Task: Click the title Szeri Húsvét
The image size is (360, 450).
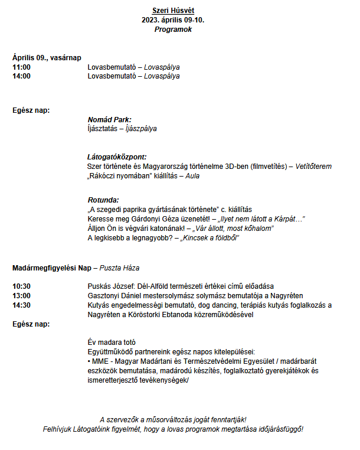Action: (174, 11)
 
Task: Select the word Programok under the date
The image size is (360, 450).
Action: (174, 29)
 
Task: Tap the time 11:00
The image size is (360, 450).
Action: (21, 67)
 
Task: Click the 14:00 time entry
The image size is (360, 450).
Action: (21, 76)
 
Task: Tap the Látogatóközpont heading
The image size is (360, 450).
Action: (117, 157)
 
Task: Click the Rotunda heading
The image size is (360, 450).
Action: (103, 200)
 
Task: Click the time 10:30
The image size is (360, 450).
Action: (21, 286)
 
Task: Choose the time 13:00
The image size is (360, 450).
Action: (21, 295)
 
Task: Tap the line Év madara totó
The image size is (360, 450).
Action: (112, 342)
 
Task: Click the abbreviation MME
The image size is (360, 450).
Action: (100, 361)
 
